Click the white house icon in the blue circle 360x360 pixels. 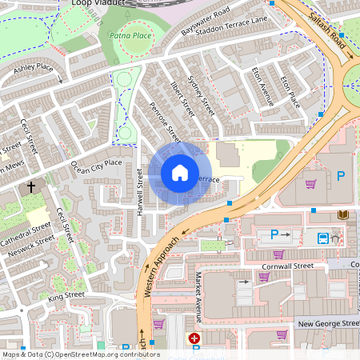tap(180, 173)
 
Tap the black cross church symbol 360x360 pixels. tap(31, 187)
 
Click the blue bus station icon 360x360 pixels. tap(322, 237)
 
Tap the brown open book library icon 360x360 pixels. tap(343, 215)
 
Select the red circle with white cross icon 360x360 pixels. tap(194, 339)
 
